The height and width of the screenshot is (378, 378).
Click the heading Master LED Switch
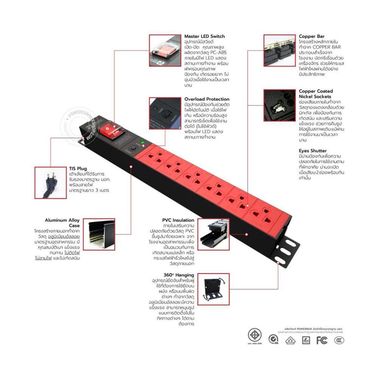204,36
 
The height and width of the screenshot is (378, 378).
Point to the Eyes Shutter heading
313,151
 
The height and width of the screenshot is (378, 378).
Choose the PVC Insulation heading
178,220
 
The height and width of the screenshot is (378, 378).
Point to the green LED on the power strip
142,143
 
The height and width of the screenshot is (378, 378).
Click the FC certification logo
322,341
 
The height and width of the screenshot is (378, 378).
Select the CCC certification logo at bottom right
339,341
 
